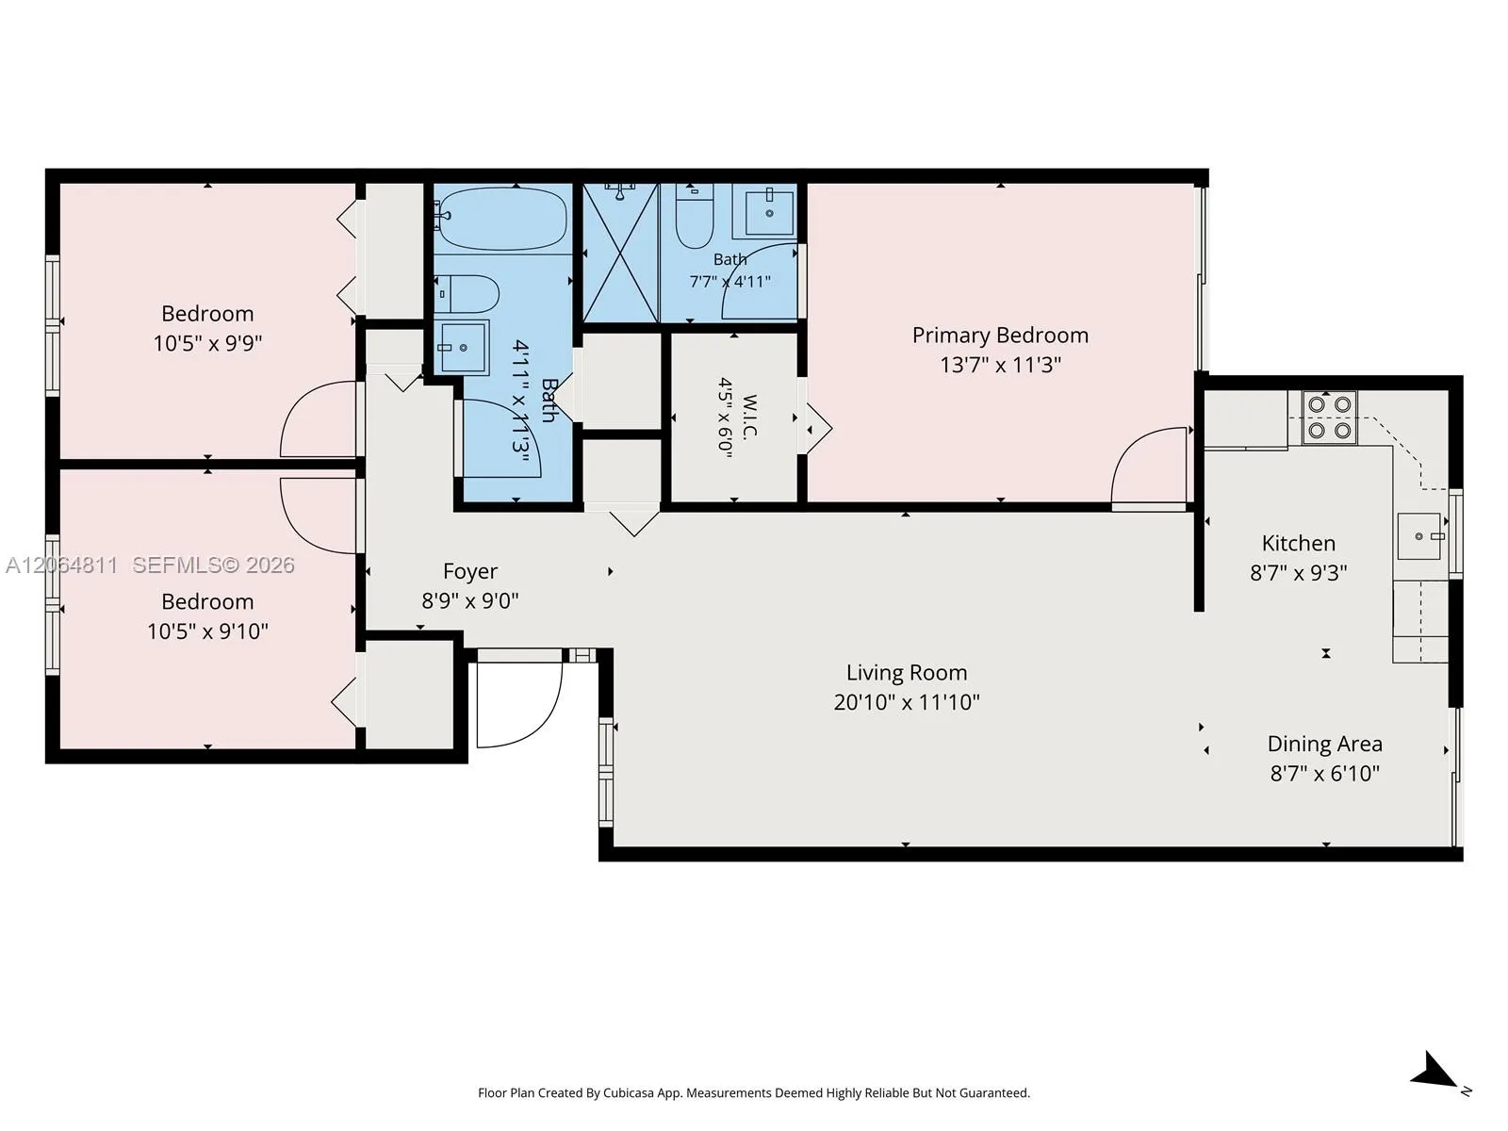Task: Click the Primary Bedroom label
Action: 1000,336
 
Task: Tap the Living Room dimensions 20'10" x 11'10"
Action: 906,702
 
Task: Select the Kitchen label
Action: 1299,543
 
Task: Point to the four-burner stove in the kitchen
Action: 1329,418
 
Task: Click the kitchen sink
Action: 1419,535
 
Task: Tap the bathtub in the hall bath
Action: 503,219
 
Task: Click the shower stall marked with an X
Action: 620,252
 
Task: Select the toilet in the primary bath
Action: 695,216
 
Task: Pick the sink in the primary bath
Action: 769,212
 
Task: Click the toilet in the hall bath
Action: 467,295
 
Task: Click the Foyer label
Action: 470,571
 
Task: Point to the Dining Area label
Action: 1324,744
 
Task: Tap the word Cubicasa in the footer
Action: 629,1093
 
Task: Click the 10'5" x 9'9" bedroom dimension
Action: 207,343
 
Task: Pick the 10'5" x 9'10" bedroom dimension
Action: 207,631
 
